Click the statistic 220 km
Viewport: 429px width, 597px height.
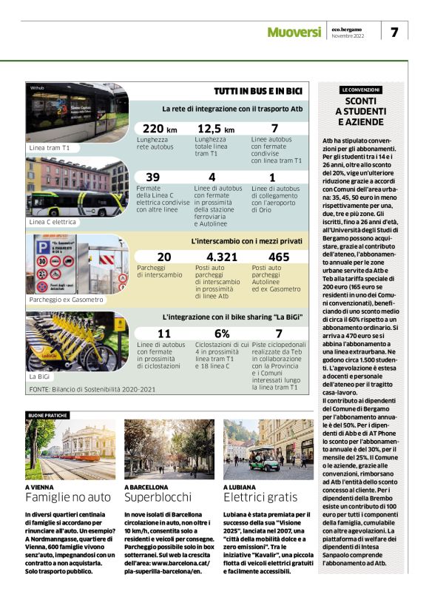(x=156, y=129)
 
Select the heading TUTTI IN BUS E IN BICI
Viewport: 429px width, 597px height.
(x=258, y=91)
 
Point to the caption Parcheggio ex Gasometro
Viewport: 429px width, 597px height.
(x=67, y=300)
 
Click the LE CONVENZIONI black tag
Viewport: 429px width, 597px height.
(x=361, y=90)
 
